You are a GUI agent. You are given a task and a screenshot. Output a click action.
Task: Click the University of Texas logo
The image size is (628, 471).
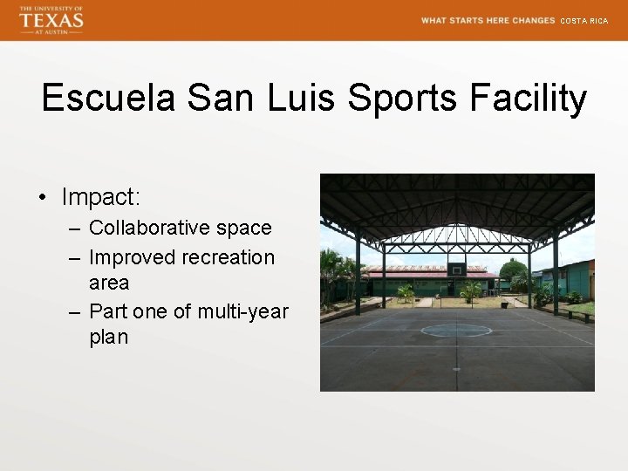(51, 19)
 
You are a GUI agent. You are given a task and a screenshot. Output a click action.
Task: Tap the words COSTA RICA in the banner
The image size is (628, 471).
(584, 21)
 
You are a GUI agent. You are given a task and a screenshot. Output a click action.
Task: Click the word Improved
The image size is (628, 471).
(133, 257)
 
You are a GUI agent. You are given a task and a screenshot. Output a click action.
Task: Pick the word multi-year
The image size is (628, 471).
(242, 311)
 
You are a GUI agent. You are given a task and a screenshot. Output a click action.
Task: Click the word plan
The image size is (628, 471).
(108, 337)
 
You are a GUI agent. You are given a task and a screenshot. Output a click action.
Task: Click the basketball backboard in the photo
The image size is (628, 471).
(457, 269)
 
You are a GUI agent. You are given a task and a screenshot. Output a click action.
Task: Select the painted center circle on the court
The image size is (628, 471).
(456, 330)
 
